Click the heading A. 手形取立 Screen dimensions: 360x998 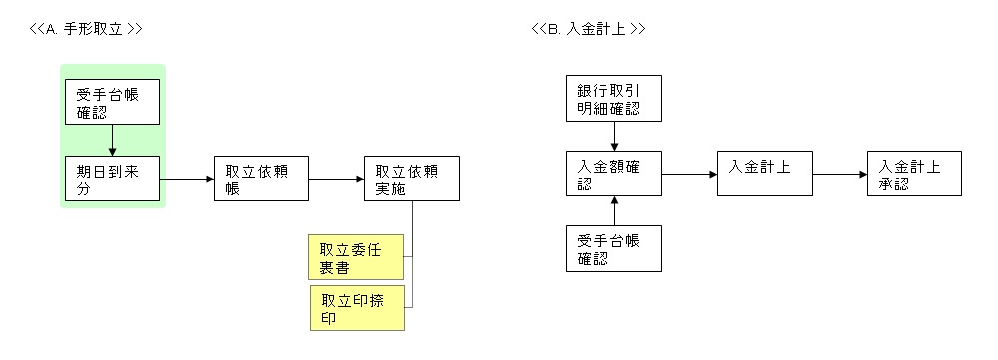tap(86, 29)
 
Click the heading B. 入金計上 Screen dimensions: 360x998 tap(588, 29)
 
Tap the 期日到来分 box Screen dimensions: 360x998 tap(112, 179)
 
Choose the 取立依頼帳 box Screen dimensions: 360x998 tap(261, 179)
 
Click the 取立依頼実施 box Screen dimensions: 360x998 tap(411, 179)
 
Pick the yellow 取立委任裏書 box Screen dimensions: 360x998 tap(356, 257)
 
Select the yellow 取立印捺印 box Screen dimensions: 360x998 tap(356, 308)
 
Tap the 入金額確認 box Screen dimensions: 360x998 tap(614, 175)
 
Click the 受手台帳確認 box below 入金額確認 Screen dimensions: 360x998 tap(614, 249)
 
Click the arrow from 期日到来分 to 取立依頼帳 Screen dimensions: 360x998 tap(187, 180)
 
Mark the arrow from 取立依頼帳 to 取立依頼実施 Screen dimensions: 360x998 tap(337, 180)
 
